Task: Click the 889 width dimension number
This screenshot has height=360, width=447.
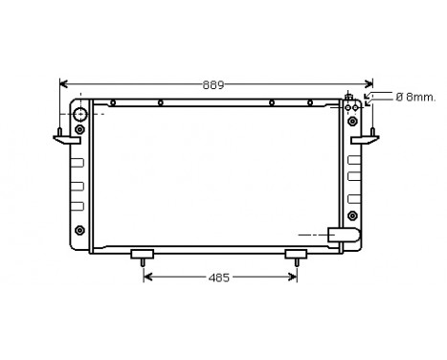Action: point(212,84)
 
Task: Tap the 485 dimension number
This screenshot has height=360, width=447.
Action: point(219,279)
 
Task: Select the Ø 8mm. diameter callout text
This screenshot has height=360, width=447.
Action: point(415,97)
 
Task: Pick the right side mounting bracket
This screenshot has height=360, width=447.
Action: point(365,140)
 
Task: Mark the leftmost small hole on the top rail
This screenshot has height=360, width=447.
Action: point(113,102)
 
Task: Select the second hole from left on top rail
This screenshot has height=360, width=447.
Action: point(160,102)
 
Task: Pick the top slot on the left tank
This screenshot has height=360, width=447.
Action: point(78,160)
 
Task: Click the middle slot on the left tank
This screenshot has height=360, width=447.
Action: point(78,183)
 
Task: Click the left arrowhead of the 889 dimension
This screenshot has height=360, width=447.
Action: point(64,84)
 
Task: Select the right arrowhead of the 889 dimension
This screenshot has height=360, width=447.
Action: point(371,84)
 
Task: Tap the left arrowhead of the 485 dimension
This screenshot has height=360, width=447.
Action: point(147,279)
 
